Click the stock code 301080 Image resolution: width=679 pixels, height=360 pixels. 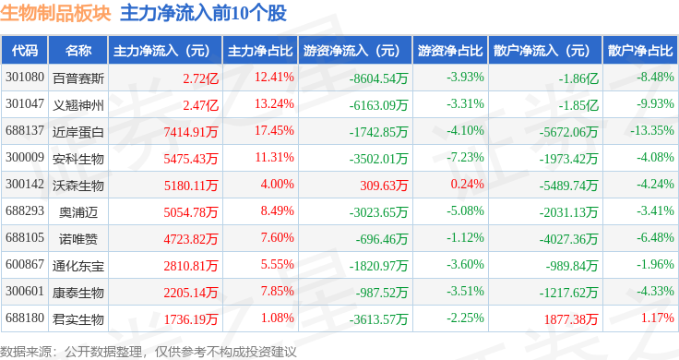25,78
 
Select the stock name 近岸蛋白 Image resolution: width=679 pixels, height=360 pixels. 78,132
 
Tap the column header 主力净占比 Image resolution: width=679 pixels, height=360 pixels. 260,51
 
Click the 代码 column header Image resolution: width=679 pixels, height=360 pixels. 25,51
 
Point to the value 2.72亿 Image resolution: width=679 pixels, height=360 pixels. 200,78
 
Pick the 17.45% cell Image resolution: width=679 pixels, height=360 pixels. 274,130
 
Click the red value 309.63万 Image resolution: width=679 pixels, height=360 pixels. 384,186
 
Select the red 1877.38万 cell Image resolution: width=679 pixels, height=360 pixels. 571,319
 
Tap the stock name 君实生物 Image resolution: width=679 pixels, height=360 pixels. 78,319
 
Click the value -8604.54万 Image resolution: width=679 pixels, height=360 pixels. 378,78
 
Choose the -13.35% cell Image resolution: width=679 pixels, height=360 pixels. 652,130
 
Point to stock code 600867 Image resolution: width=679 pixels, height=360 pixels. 25,264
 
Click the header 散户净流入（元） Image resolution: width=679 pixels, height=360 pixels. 542,51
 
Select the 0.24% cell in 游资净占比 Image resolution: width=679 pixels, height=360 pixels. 467,184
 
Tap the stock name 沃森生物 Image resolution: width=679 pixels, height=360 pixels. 78,186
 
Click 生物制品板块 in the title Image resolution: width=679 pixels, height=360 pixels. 56,13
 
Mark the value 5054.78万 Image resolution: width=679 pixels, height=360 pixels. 191,212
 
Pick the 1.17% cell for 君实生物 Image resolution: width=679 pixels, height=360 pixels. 658,318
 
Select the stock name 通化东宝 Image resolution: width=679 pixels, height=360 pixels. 78,266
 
